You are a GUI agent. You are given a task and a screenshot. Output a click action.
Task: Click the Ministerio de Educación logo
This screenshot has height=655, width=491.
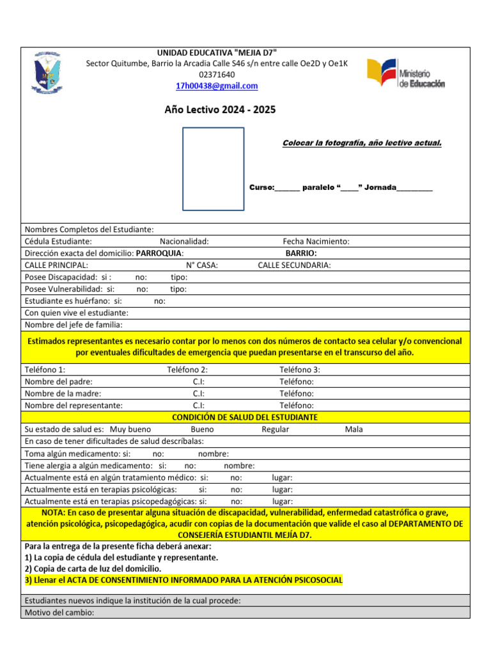(406, 74)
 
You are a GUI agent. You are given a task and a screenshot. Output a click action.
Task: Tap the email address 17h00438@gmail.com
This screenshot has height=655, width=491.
(217, 86)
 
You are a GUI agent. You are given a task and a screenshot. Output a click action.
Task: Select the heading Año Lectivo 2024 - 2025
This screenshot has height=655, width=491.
(220, 109)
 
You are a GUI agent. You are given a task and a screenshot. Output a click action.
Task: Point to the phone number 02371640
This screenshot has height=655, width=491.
(217, 74)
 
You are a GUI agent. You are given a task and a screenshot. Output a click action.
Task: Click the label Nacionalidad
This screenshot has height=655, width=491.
(184, 241)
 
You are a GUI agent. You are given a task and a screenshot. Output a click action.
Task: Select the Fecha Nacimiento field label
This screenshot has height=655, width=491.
(316, 241)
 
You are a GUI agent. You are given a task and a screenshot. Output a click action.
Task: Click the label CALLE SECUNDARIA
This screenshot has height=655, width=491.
(294, 265)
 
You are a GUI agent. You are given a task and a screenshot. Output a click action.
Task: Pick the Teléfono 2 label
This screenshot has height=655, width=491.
(187, 370)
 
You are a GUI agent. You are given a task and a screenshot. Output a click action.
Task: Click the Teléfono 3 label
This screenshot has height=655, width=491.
(299, 370)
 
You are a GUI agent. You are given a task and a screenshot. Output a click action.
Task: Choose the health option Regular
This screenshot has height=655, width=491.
(275, 429)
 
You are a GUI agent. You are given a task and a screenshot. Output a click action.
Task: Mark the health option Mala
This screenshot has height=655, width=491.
(354, 429)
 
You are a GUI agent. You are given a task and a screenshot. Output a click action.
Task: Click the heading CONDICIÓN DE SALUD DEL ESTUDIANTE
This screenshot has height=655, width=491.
(245, 417)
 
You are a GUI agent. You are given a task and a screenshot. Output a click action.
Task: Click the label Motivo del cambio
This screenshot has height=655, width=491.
(59, 612)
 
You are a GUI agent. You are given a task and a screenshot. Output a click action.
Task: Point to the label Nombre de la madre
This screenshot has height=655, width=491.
(63, 393)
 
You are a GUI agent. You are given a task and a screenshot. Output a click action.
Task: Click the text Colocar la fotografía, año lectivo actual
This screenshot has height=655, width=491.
(362, 143)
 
